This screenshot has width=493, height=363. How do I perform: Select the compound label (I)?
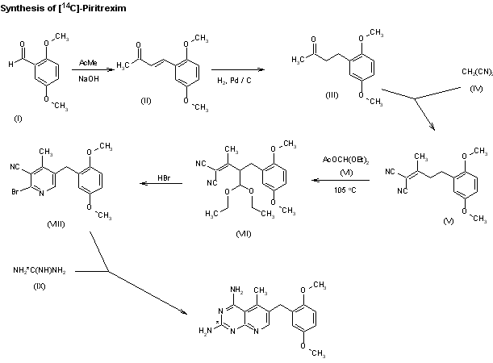click(17, 119)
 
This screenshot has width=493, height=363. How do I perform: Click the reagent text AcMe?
click(89, 62)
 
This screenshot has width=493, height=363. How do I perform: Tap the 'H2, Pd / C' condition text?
click(234, 79)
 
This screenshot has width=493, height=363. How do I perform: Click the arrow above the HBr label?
click(161, 184)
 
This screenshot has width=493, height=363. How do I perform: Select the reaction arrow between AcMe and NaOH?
click(89, 69)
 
